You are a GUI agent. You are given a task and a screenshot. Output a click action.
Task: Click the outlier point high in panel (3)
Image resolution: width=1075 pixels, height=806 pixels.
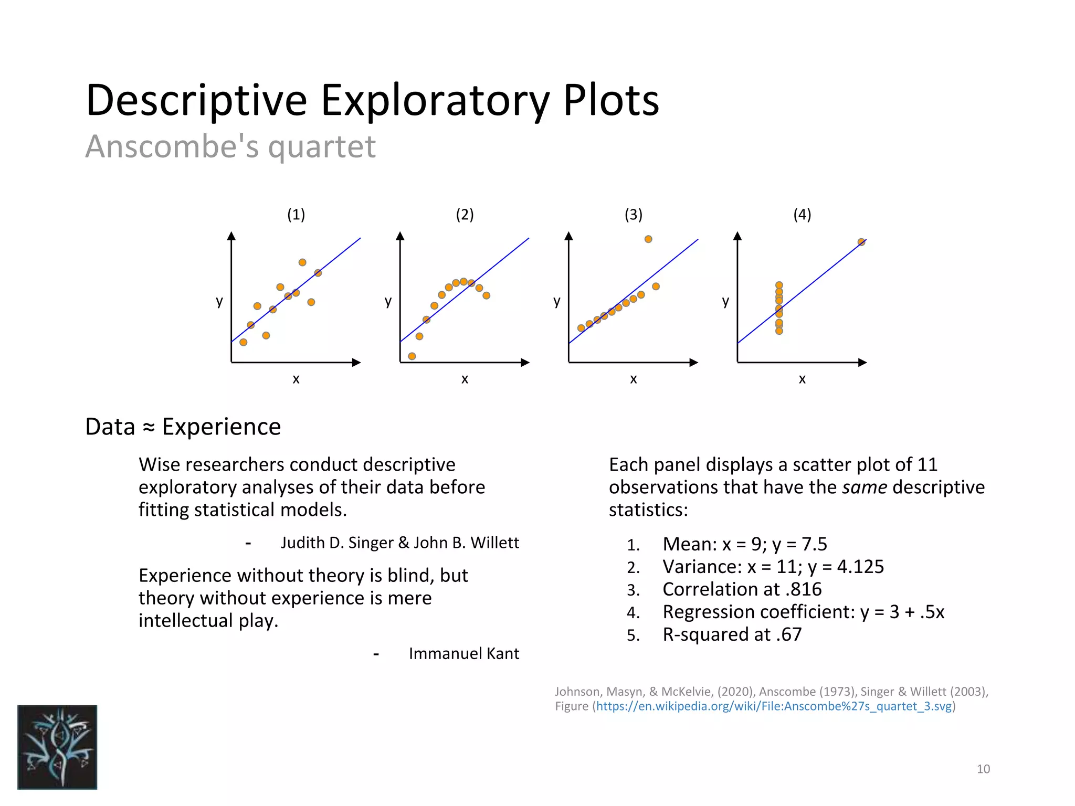point(648,239)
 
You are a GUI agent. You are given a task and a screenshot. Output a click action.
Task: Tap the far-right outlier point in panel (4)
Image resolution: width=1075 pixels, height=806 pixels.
point(861,242)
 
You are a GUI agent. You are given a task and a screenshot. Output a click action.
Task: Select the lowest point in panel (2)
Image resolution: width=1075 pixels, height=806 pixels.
point(412,356)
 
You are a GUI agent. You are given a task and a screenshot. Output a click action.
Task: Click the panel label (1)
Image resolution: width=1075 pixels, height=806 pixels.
point(296,214)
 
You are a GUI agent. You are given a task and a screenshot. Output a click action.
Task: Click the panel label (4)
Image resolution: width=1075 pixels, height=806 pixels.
point(802,214)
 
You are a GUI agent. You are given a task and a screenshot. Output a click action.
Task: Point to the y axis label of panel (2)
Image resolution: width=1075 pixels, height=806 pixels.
point(388,301)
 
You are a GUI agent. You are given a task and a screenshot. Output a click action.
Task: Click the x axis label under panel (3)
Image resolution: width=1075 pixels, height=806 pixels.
point(634,379)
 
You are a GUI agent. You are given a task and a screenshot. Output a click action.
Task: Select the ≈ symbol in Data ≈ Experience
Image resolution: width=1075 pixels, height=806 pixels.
point(149,427)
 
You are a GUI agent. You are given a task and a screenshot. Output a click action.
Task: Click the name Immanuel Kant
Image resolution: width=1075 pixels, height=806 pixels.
point(463,654)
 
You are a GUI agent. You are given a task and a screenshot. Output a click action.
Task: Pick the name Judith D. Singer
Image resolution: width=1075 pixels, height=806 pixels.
point(338,543)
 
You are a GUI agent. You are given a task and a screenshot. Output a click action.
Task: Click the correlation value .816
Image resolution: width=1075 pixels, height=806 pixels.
point(804,589)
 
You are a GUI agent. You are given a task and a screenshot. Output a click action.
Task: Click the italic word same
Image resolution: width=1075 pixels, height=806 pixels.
point(864,487)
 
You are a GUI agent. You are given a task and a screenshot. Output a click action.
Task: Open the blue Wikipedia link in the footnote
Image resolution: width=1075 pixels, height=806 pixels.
point(774,706)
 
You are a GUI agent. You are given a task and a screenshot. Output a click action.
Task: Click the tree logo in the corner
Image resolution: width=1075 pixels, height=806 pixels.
point(57,747)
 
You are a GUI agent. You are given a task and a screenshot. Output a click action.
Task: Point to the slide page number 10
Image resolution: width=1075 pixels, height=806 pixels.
point(983,769)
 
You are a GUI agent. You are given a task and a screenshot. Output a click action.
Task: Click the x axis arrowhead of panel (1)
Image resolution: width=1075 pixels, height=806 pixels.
point(356,363)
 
